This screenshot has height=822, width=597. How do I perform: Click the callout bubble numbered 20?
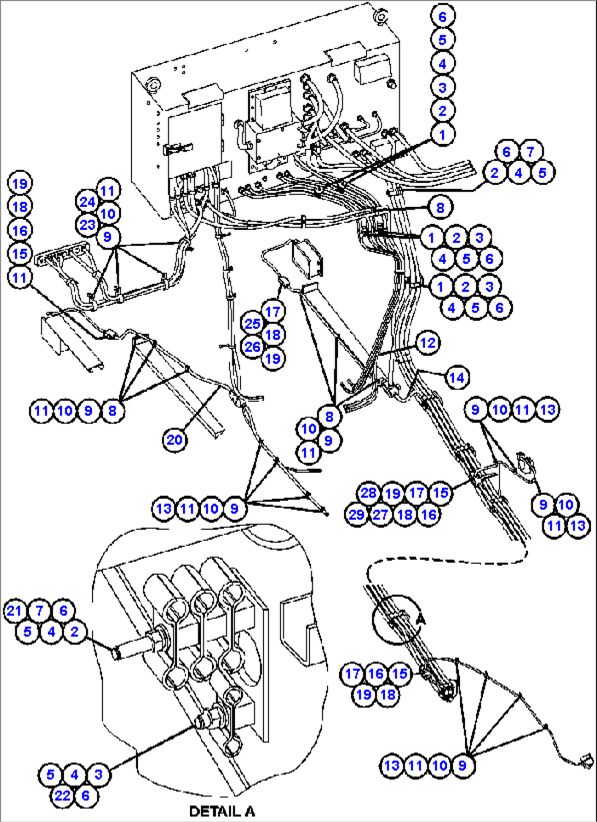(174, 439)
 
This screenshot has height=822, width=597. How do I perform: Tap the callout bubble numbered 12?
(427, 343)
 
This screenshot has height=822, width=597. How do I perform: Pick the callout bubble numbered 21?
(15, 611)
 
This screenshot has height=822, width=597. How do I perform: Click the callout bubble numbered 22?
(62, 795)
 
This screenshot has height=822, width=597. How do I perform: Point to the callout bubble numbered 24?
(87, 202)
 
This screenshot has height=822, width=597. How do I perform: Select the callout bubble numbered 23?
(87, 225)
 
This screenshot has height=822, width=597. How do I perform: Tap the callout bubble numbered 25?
(252, 323)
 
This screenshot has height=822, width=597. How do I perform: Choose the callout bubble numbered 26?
(252, 346)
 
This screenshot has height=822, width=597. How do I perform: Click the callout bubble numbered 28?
(368, 493)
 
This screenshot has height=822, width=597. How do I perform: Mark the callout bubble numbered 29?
(357, 514)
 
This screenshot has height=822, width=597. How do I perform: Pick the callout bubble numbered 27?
(380, 514)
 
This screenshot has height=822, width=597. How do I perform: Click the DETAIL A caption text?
(222, 811)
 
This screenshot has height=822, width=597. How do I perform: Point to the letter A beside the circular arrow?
(420, 618)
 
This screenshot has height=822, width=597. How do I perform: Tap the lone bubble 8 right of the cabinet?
(440, 207)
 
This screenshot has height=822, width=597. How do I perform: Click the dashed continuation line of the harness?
(449, 562)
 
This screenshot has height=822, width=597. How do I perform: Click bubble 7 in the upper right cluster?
(530, 152)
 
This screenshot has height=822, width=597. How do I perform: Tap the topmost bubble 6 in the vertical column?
(443, 16)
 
